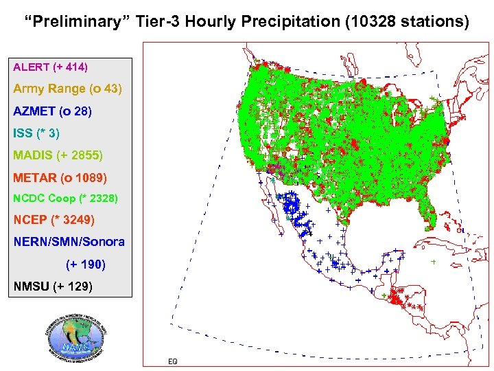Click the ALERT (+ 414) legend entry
coord(50,67)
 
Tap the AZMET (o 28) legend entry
coord(52,111)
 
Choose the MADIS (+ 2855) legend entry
coord(58,155)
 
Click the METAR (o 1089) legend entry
coord(60,178)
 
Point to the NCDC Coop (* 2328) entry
coord(65,199)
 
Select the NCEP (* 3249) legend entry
coord(54,221)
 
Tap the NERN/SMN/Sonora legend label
coord(69,242)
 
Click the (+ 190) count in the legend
coord(86,264)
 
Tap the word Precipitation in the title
coord(288,22)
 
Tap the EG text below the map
coord(172,361)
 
